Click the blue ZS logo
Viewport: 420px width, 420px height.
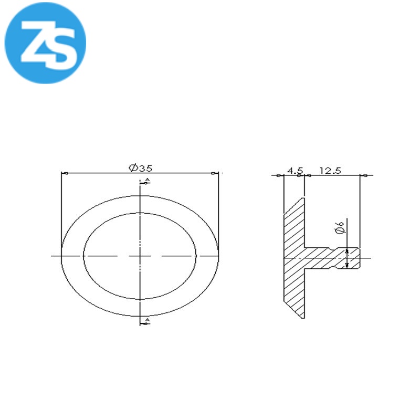[45, 43]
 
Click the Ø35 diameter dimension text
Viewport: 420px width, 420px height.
[141, 168]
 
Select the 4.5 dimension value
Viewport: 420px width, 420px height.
[295, 170]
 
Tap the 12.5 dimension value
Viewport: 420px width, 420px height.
[330, 170]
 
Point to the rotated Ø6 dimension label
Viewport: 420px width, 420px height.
[340, 227]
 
